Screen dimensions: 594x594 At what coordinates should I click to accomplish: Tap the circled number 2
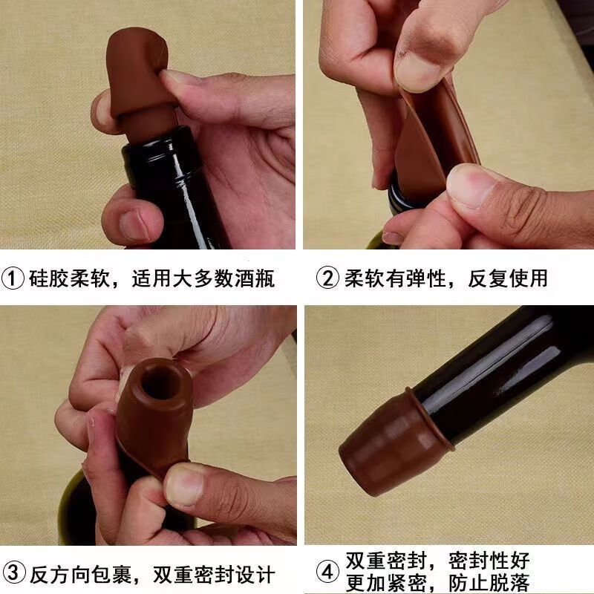click(328, 278)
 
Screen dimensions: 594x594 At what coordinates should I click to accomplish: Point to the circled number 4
click(328, 573)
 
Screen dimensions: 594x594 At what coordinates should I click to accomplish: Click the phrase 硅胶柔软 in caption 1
click(71, 278)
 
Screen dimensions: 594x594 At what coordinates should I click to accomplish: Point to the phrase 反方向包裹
click(82, 574)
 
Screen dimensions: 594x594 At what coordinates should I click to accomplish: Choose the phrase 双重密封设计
click(214, 574)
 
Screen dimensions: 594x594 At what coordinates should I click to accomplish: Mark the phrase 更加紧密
click(385, 584)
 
